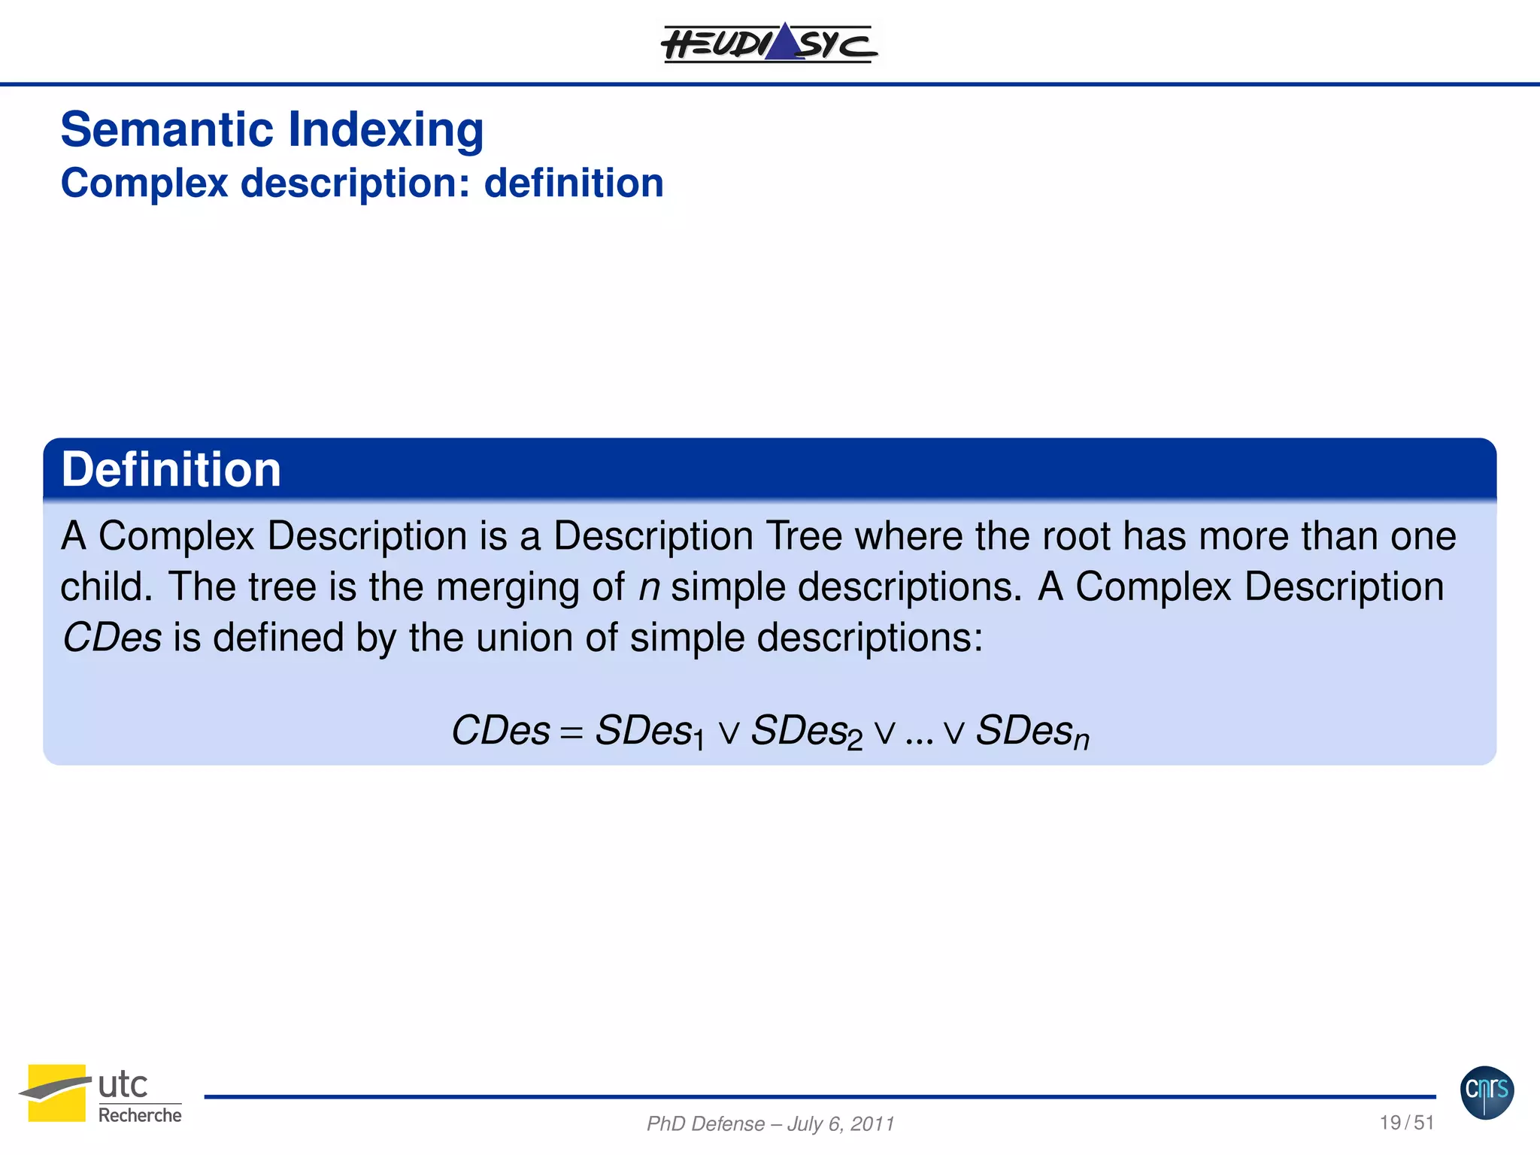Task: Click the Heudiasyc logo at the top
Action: coord(769,43)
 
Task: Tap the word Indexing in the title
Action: coord(386,131)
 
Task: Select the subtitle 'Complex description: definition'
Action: coord(362,183)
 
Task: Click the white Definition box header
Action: coord(171,470)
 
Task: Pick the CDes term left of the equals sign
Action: coord(500,730)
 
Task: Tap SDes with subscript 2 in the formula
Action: coord(807,732)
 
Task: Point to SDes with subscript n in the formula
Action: coord(1032,732)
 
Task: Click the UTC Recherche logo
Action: coord(101,1093)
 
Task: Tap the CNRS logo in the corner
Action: coord(1487,1092)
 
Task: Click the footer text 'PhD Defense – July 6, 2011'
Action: coord(770,1123)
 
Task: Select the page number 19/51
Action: coord(1406,1123)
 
